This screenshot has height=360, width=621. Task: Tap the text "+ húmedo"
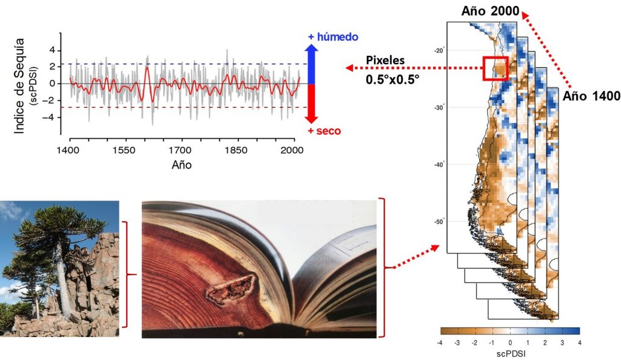point(333,37)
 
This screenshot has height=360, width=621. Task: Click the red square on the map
point(495,68)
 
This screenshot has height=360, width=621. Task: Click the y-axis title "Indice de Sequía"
point(20,84)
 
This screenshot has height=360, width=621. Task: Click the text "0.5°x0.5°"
point(392,79)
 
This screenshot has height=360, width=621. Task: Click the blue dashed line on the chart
point(182,64)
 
